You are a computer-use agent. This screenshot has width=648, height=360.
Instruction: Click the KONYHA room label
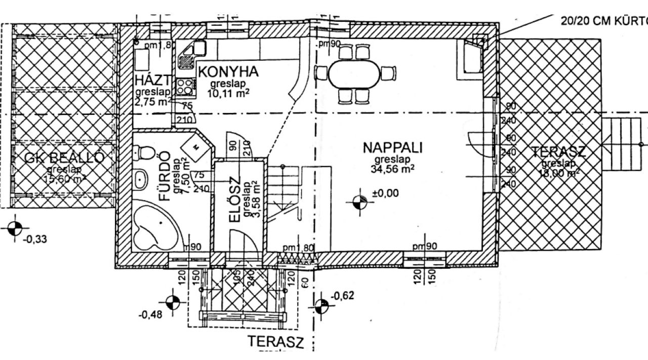228,71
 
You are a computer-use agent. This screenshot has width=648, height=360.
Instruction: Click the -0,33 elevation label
35,239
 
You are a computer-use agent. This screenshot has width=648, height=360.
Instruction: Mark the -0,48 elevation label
150,314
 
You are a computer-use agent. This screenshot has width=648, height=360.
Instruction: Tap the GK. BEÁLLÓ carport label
64,158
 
